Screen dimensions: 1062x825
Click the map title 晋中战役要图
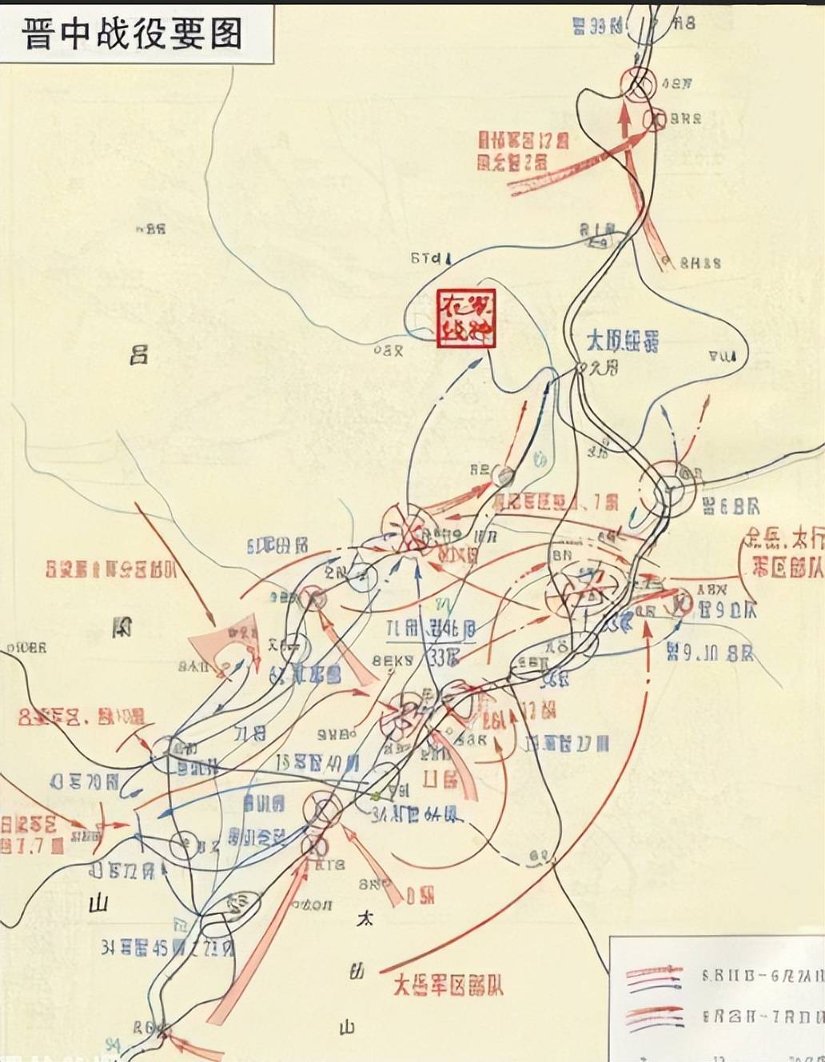[133, 33]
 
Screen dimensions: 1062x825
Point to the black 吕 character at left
[139, 354]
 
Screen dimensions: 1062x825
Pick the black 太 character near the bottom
[364, 920]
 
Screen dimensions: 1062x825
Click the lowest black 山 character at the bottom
[347, 1027]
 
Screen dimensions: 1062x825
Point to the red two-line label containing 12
[523, 150]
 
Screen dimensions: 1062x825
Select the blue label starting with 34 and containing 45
[167, 948]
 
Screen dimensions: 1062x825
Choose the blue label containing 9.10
[709, 653]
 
